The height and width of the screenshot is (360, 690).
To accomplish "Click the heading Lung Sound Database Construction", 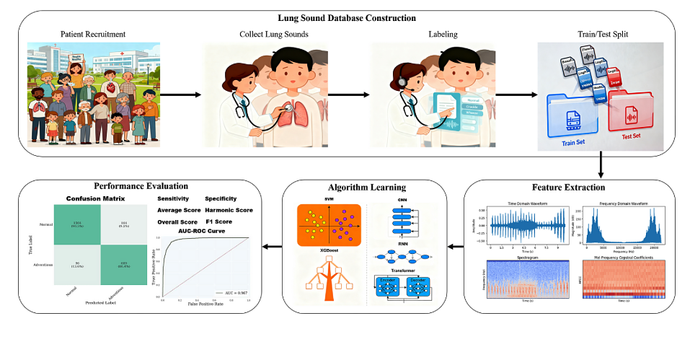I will point(345,17).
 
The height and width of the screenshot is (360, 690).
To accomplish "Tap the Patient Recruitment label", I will point(92,34).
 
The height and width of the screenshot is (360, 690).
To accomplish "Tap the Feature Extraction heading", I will point(574,187).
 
